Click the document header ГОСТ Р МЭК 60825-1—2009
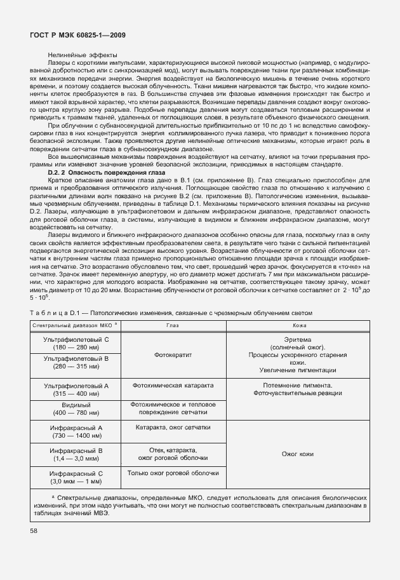pos(77,36)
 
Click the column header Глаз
pos(173,325)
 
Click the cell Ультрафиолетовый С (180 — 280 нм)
pos(76,344)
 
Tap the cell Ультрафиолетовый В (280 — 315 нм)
pos(76,363)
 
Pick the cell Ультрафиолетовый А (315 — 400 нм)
pos(76,389)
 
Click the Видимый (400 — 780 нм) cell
pos(76,408)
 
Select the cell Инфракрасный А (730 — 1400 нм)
pos(76,432)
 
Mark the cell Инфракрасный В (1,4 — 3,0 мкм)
pos(76,454)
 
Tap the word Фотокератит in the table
pos(173,355)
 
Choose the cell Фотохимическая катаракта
pos(173,386)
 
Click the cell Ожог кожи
pos(297,454)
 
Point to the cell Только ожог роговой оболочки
pos(173,473)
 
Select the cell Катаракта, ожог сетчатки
pos(173,428)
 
